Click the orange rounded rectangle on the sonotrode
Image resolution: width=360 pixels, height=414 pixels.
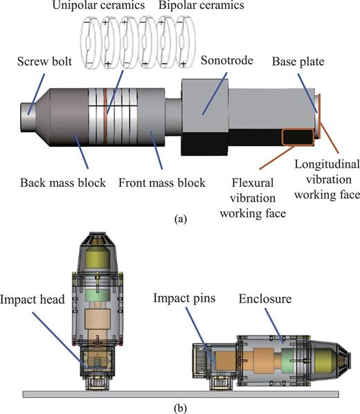point(297,136)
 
